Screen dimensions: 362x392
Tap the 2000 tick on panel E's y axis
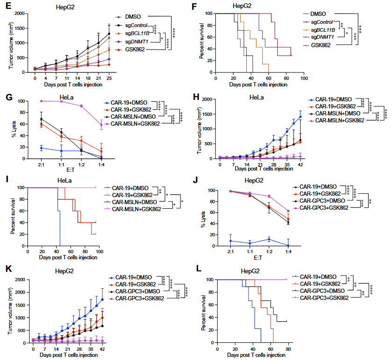coord(20,14)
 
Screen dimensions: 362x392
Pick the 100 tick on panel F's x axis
coord(303,78)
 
